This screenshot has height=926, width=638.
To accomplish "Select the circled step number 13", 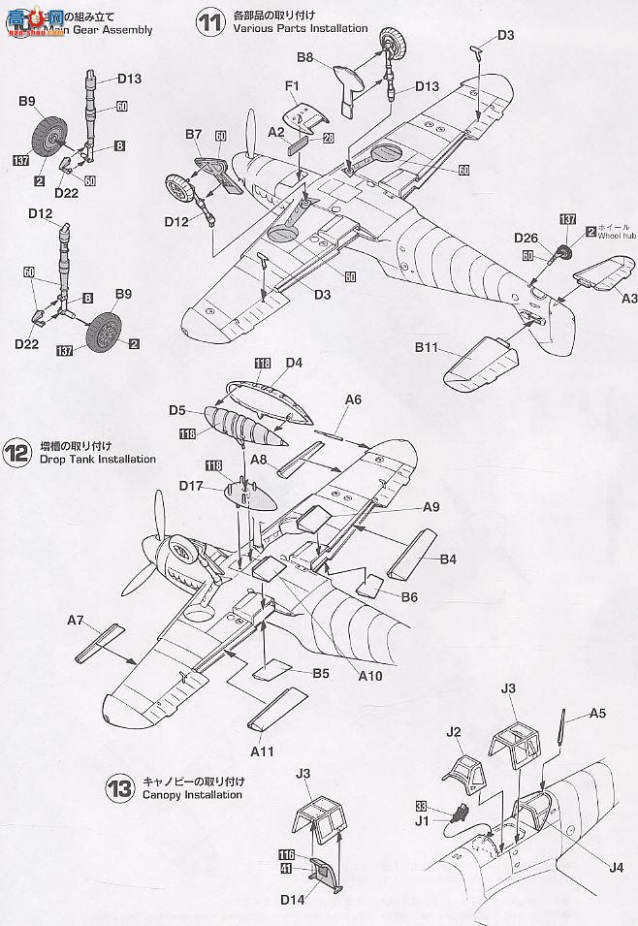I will click(122, 787).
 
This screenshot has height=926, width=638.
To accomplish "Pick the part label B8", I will click(304, 58).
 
